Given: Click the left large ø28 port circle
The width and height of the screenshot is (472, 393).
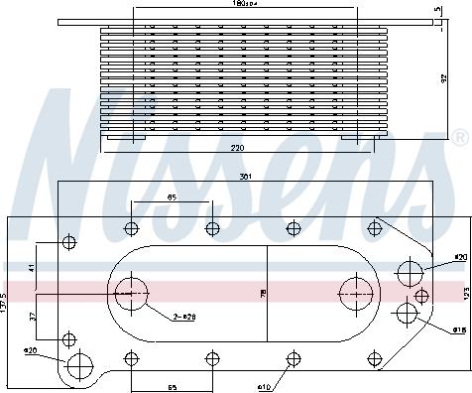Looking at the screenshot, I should (130, 293).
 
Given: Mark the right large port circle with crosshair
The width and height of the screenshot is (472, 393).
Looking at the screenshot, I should (354, 293).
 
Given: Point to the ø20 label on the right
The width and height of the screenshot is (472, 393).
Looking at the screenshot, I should (459, 257).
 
